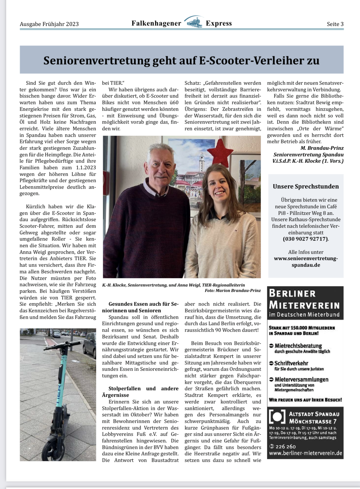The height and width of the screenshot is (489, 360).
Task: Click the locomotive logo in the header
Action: point(194,23)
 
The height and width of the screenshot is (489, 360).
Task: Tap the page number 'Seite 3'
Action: point(335,24)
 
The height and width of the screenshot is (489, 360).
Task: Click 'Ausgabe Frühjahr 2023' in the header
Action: point(49,24)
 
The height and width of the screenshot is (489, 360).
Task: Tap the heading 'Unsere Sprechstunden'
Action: point(306,186)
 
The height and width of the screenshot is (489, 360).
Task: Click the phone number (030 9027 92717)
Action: point(306,239)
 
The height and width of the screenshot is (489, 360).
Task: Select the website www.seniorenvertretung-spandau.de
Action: point(306,261)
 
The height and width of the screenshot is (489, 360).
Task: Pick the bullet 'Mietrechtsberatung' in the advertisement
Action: point(298,346)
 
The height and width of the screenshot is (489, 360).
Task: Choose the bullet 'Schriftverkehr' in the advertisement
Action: point(291,363)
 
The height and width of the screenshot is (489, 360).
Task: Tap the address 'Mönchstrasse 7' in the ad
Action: point(313,421)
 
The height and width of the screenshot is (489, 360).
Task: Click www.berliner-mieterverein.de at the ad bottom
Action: point(306,453)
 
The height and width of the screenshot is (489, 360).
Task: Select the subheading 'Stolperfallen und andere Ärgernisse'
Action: point(140,392)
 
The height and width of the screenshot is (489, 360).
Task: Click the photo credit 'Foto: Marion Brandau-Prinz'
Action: point(233,291)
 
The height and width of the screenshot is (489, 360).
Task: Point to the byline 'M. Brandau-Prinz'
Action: point(322,148)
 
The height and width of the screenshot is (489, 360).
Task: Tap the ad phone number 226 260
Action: point(285,446)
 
